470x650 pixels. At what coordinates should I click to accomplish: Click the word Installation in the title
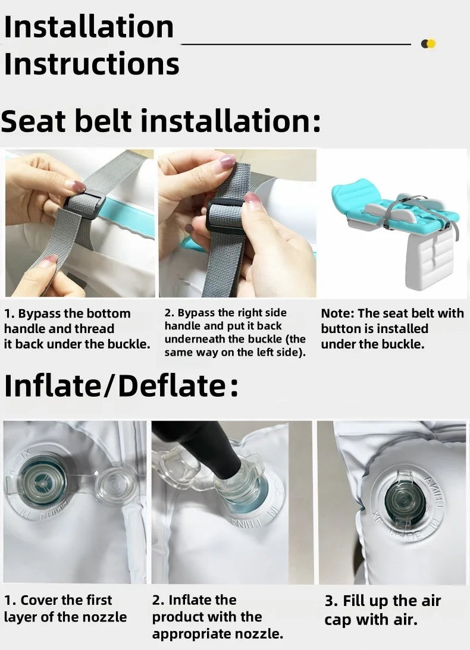tap(89, 27)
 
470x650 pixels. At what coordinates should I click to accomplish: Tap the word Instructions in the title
tap(92, 64)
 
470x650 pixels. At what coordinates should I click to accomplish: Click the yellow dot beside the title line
tap(431, 43)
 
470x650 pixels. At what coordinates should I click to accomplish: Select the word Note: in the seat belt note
tap(337, 313)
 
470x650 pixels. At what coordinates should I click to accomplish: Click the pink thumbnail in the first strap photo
tap(75, 185)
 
